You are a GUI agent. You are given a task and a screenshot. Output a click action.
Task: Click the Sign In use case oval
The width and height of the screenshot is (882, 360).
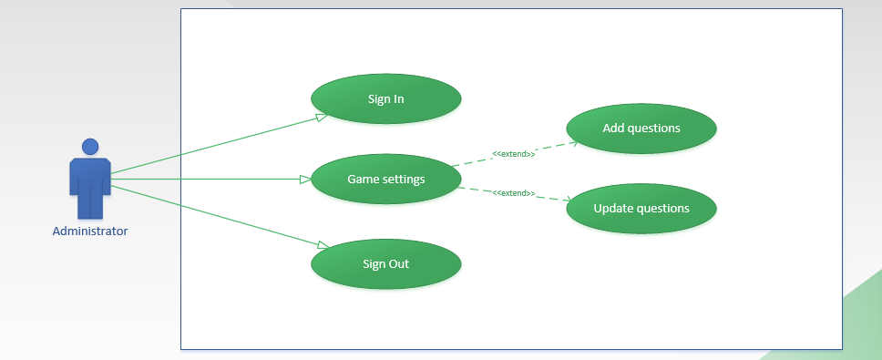[385, 98]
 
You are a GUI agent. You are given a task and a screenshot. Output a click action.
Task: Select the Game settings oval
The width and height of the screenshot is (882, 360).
[385, 179]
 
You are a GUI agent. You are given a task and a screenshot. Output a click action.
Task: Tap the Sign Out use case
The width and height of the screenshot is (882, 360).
[385, 264]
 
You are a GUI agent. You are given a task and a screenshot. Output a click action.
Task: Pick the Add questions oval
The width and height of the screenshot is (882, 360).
[641, 128]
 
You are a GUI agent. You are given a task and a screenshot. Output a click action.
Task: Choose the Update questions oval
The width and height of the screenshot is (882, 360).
[641, 208]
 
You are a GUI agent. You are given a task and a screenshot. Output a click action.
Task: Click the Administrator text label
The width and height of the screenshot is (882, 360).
[90, 231]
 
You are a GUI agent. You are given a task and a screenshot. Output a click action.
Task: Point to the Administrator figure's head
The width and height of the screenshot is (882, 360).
[90, 147]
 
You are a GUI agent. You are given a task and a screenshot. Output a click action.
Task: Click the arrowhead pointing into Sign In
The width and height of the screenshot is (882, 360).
[322, 118]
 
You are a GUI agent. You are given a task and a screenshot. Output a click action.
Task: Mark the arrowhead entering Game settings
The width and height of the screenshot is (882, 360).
[306, 180]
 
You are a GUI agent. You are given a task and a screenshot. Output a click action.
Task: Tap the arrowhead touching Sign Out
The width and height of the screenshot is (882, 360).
[323, 244]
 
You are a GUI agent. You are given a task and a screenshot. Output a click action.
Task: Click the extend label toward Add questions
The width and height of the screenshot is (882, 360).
[513, 154]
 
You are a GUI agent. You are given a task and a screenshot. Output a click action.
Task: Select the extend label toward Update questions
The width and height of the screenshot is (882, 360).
[513, 193]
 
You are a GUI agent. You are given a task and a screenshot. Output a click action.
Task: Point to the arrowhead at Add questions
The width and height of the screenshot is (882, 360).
[573, 142]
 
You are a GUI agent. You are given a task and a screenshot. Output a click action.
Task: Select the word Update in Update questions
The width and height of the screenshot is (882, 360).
[613, 208]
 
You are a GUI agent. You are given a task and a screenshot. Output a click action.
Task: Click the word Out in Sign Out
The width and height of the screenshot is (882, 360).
[399, 264]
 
